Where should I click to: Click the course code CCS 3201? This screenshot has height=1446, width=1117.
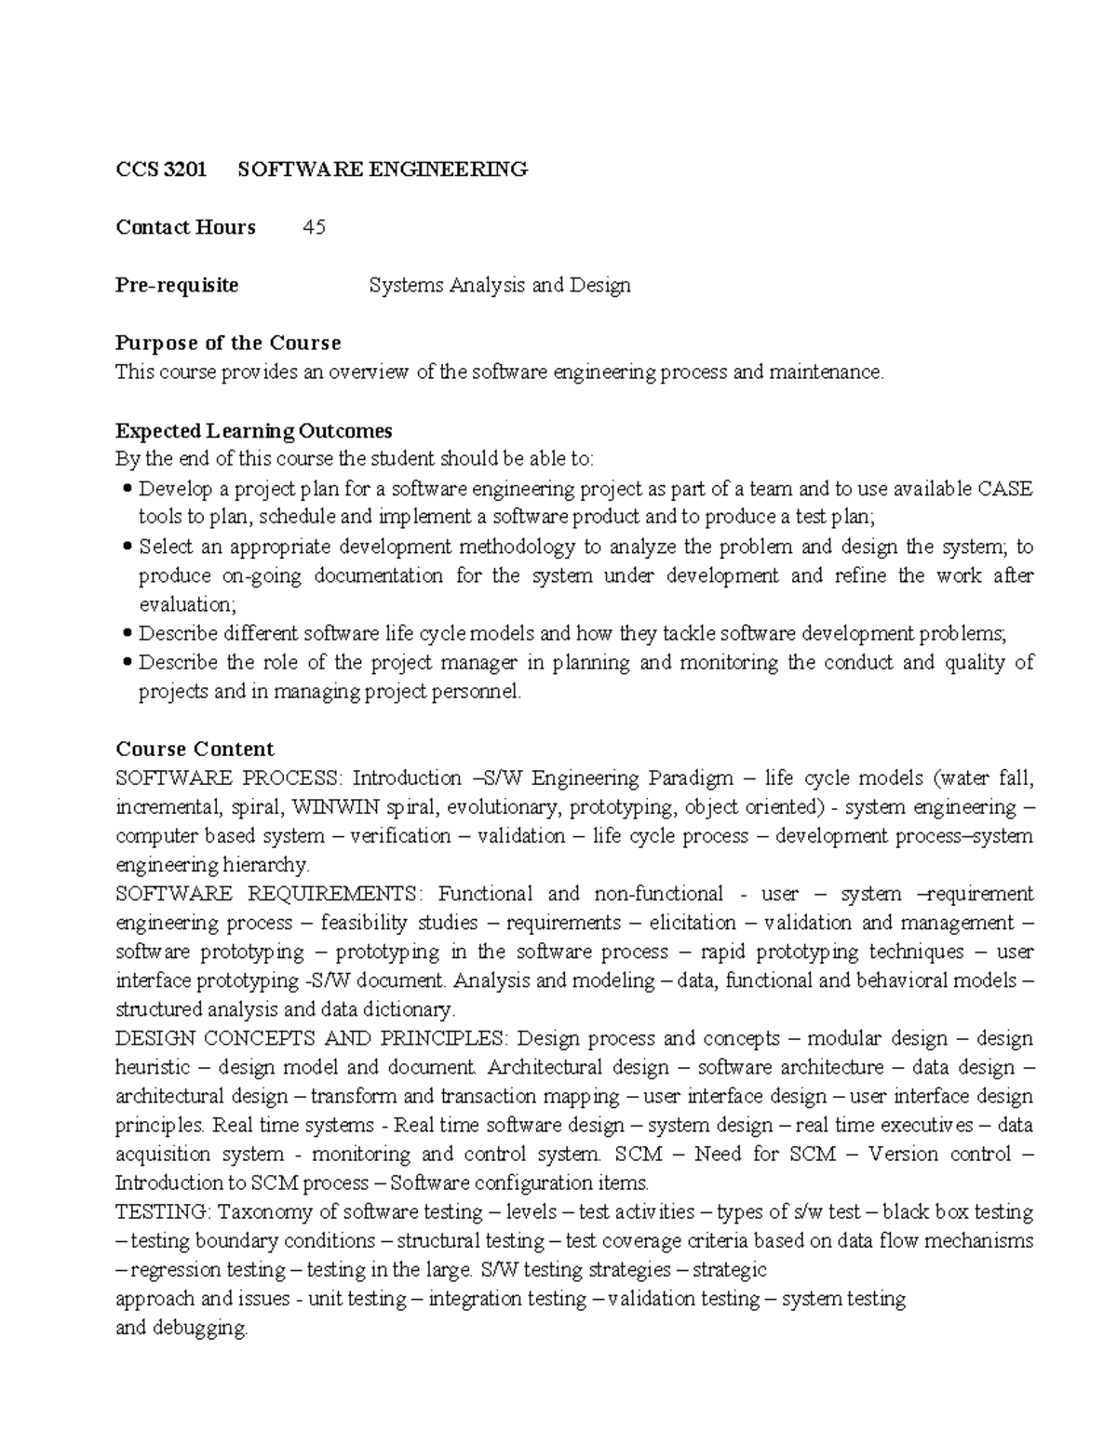click(161, 169)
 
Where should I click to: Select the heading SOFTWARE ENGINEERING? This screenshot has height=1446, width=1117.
click(383, 169)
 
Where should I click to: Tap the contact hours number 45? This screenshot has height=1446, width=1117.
click(314, 227)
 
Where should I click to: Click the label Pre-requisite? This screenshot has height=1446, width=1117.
click(177, 285)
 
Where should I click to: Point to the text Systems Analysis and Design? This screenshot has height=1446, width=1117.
click(500, 285)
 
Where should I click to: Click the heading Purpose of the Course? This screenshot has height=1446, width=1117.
click(228, 343)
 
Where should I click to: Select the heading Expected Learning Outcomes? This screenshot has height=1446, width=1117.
click(253, 430)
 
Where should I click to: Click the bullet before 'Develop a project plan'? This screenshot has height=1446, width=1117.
click(128, 490)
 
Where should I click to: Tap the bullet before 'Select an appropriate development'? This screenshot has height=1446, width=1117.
click(128, 547)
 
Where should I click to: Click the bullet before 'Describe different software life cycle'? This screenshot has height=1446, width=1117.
click(128, 634)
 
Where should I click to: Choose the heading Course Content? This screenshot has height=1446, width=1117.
click(195, 750)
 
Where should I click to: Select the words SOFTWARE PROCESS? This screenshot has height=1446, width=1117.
click(230, 777)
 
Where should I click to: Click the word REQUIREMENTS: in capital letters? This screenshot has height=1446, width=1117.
click(334, 894)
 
